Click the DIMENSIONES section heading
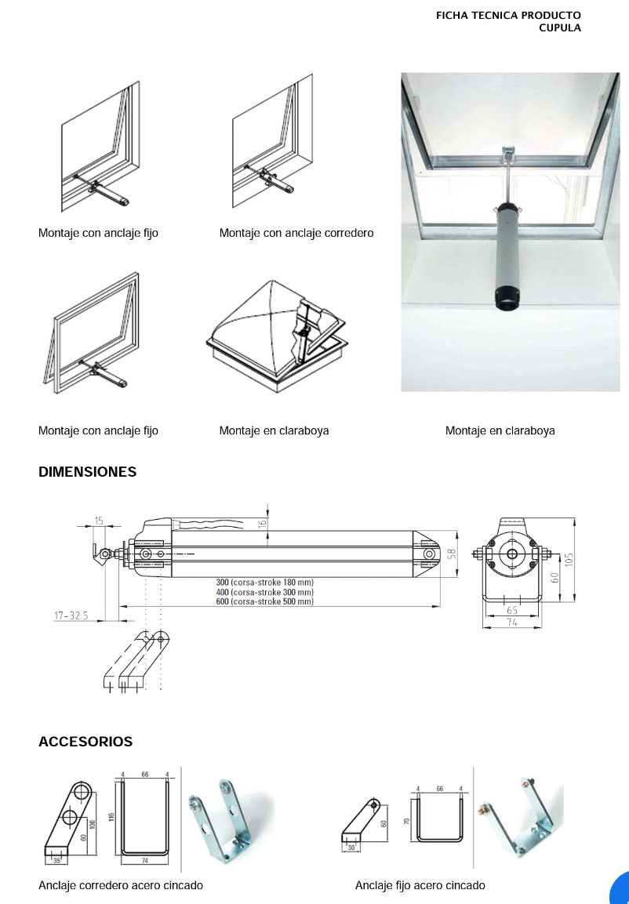(x=87, y=472)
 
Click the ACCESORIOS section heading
(x=85, y=742)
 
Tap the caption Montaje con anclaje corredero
(x=296, y=233)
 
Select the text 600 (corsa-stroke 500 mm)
(x=264, y=602)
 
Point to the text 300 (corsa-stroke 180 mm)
(x=264, y=583)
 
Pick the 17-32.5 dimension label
(x=71, y=616)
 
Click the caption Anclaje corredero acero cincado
(x=121, y=885)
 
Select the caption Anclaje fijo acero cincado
(x=420, y=885)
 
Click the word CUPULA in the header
(x=560, y=27)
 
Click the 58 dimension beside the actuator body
(x=451, y=554)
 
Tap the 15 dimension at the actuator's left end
(x=99, y=521)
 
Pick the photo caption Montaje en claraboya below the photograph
(x=500, y=430)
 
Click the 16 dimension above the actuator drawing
(x=263, y=521)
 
